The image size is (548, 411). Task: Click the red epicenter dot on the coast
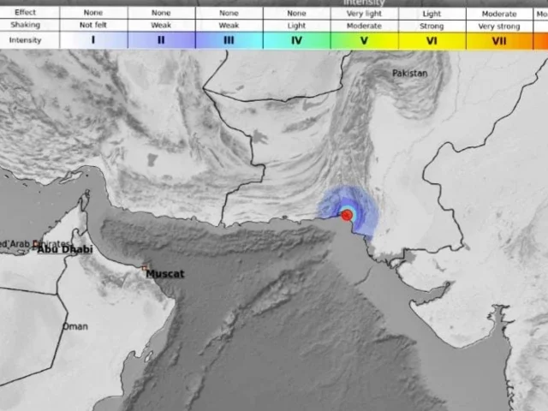tap(347, 216)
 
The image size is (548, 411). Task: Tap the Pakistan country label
tap(409, 74)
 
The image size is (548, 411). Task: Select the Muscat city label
tap(164, 274)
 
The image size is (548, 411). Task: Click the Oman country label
tap(75, 326)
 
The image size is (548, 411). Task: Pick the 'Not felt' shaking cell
tap(92, 26)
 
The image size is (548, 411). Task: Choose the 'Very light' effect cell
tap(365, 13)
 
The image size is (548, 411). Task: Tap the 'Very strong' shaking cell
tap(500, 26)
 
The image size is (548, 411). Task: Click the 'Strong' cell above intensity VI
tap(432, 26)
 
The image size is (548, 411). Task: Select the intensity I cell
tap(92, 40)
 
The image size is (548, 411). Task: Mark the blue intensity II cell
tap(161, 40)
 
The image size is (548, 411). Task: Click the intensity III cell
tap(229, 40)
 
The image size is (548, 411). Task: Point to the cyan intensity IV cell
tap(296, 40)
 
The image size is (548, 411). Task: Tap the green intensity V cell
tap(365, 40)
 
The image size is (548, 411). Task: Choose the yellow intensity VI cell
tap(432, 40)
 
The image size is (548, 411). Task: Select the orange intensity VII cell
tap(500, 40)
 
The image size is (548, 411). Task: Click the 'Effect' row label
tap(26, 13)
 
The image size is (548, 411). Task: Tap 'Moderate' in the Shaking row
tap(365, 26)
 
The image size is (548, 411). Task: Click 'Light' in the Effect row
tap(432, 13)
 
